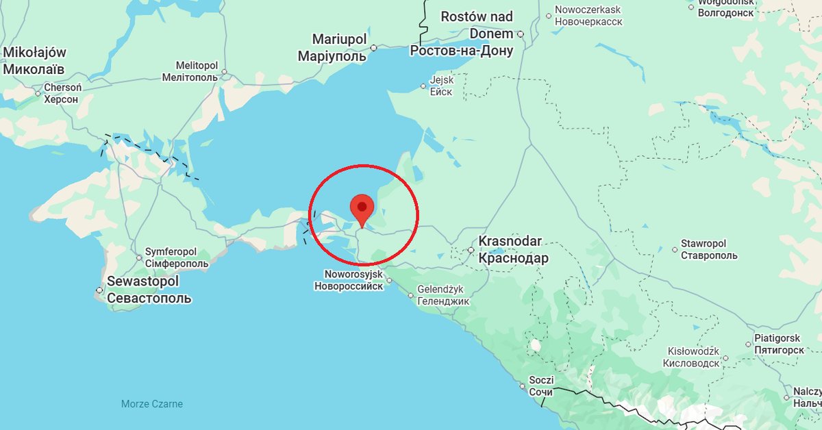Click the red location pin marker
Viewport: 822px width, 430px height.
point(362,207)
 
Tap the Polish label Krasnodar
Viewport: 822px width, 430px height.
point(510,242)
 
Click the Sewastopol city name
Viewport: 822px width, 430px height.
point(142,282)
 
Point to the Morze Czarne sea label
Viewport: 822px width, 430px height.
point(152,404)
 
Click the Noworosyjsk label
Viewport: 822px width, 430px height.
point(348,274)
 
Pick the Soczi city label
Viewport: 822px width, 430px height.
point(540,381)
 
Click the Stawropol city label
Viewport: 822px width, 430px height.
point(703,244)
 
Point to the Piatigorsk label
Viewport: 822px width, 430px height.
point(777,338)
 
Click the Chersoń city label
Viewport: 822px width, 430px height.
point(63,88)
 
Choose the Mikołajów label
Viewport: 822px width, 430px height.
point(34,53)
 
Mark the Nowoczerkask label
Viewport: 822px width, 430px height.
point(588,10)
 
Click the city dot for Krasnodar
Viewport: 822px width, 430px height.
point(471,250)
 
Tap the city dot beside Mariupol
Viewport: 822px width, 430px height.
point(374,48)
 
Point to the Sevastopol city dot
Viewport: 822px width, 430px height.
point(99,291)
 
